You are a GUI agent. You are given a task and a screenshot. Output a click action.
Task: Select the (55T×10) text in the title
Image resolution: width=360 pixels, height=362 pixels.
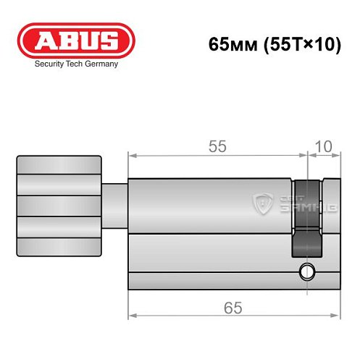293,43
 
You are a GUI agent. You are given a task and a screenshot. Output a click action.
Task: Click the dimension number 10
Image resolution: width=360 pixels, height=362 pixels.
325,146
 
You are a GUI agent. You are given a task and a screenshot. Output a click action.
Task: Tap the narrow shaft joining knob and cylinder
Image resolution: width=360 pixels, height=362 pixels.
114,206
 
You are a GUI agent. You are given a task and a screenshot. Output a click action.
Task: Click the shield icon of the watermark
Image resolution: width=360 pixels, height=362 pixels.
264,205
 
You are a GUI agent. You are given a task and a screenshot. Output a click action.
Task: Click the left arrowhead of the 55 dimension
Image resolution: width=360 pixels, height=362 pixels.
132,154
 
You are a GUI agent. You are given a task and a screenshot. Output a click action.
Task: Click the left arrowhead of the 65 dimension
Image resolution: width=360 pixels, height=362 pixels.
132,316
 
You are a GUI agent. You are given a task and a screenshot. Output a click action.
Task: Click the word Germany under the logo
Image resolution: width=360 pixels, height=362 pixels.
101,64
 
